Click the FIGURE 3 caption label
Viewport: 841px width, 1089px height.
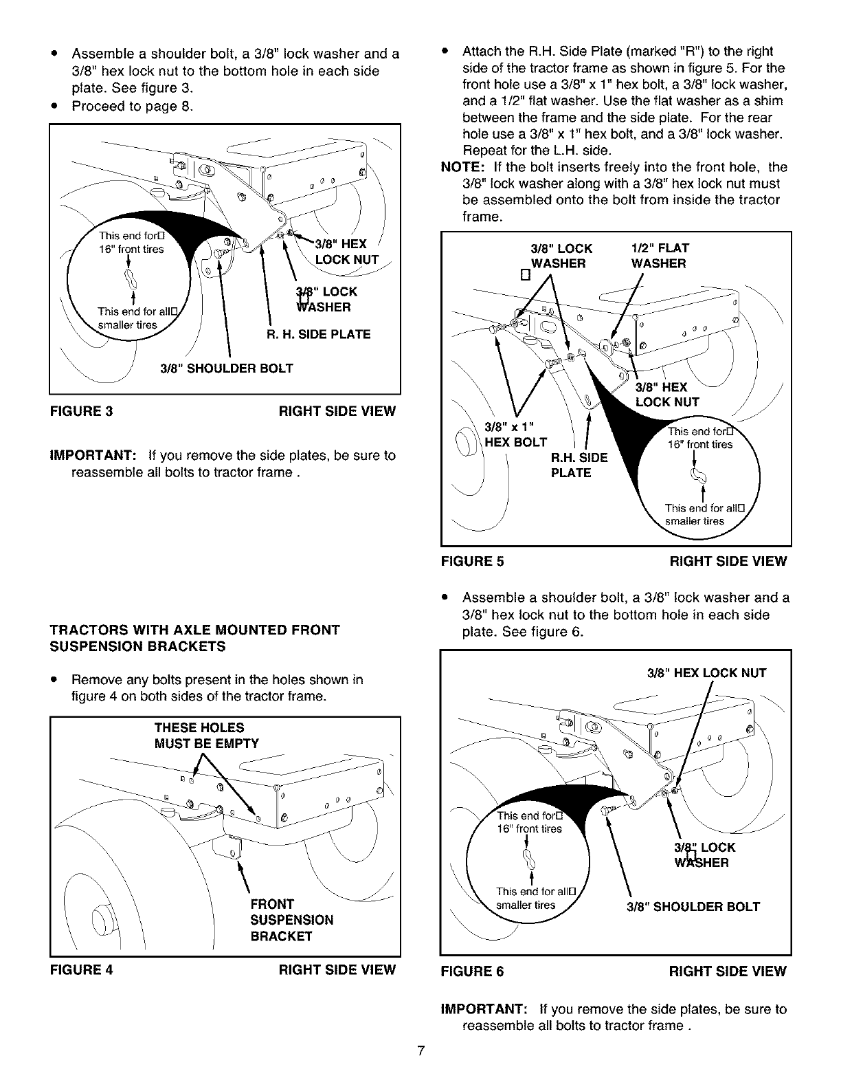81,411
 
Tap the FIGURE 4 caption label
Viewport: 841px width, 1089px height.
81,969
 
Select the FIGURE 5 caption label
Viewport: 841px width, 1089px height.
472,561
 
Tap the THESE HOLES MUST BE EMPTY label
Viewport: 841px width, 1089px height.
207,736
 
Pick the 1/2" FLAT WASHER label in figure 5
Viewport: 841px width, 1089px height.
660,256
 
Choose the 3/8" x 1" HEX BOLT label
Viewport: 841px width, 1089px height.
516,434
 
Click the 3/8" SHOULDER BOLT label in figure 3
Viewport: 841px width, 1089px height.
226,368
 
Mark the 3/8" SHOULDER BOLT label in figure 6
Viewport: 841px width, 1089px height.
693,907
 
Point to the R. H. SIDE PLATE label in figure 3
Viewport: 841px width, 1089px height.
318,334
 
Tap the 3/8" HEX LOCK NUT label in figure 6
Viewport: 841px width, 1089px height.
706,673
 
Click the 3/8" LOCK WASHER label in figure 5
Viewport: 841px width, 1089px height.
560,256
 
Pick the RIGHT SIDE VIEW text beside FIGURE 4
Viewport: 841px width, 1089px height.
337,969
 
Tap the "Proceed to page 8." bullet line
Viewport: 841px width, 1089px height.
132,106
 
